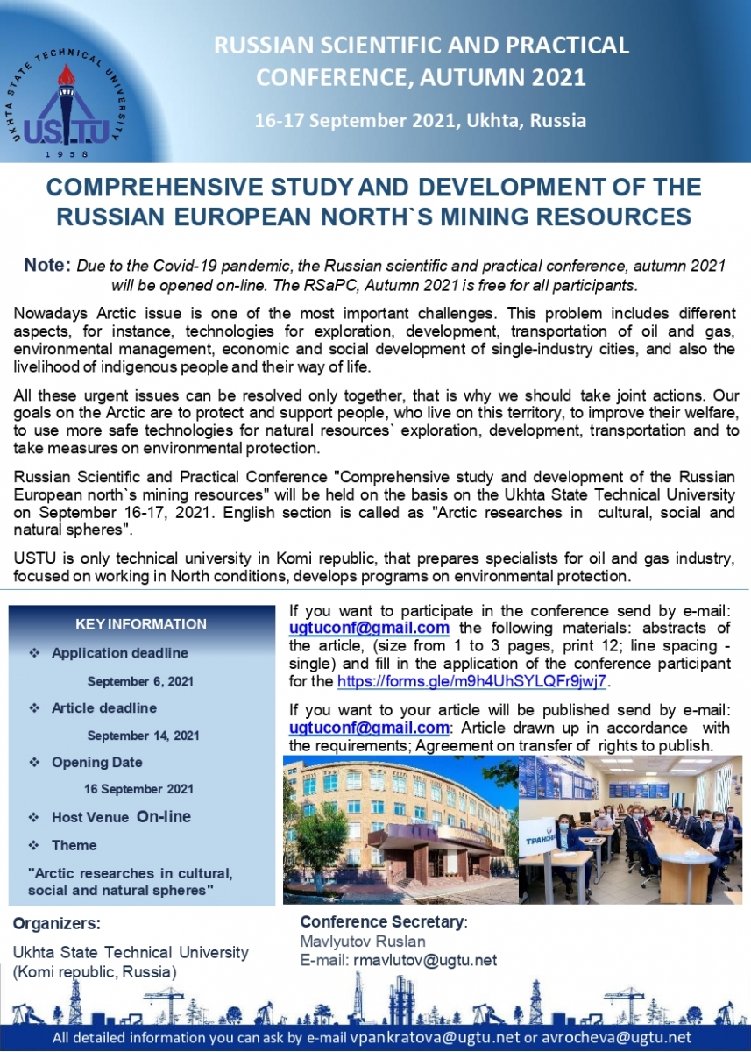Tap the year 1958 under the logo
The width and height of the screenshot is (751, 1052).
click(67, 154)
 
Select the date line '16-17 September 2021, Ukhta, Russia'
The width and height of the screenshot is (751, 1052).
click(421, 121)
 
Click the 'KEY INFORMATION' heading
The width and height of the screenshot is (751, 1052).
click(141, 624)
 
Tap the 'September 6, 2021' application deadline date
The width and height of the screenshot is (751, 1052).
click(140, 681)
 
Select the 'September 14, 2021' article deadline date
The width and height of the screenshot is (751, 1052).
click(144, 736)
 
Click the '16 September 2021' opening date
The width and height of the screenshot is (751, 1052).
click(138, 789)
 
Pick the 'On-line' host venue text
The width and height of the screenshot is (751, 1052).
click(163, 816)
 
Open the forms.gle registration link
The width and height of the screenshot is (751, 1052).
click(472, 681)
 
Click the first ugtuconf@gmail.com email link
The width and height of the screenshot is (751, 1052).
click(369, 628)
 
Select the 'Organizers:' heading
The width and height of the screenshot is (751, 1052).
click(57, 923)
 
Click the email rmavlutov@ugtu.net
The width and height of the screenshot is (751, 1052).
click(424, 960)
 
